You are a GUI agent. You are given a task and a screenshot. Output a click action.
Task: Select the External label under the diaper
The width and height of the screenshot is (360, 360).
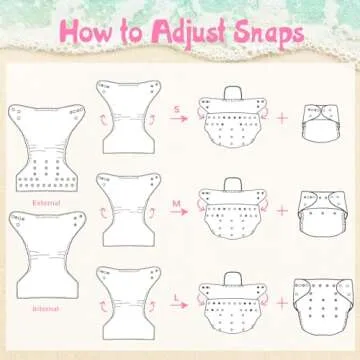(46, 203)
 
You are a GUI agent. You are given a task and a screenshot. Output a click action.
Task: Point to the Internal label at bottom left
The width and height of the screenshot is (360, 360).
(46, 308)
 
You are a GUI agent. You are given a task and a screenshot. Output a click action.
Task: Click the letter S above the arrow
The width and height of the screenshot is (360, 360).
(177, 109)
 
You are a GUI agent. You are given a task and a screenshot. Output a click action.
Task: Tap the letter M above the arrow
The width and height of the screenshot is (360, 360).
(176, 203)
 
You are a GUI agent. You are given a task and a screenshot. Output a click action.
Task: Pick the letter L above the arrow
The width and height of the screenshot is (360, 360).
(177, 297)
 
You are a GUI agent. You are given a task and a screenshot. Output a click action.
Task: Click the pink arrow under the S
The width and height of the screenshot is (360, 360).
(179, 118)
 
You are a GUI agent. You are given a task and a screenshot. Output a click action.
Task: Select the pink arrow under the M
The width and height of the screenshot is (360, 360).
(179, 212)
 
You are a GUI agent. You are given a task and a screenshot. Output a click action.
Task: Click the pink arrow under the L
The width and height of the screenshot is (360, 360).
(179, 305)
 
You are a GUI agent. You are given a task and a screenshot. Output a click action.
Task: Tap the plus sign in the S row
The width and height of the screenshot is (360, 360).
(282, 118)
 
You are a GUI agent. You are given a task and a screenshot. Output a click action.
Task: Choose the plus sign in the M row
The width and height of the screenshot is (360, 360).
(282, 211)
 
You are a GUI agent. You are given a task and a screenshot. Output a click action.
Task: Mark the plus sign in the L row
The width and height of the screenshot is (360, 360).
(282, 303)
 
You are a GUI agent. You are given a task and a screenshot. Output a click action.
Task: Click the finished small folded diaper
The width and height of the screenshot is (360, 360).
(321, 123)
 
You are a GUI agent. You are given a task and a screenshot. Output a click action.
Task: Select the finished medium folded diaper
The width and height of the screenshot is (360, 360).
(323, 214)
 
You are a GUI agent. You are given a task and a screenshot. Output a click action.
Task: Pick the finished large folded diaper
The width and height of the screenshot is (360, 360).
(323, 307)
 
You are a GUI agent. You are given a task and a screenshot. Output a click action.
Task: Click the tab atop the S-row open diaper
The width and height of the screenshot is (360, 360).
(233, 92)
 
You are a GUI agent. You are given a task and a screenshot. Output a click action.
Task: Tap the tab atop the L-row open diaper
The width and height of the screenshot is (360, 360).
(233, 279)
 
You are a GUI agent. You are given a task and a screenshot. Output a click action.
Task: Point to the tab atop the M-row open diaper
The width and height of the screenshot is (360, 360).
(233, 185)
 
